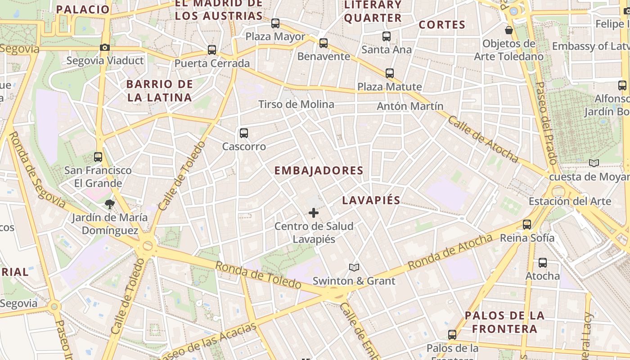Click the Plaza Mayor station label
click(x=275, y=36)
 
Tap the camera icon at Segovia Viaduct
click(x=104, y=47)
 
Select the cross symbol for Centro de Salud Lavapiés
click(x=314, y=213)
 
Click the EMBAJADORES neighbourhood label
click(x=319, y=171)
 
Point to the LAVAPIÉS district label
click(x=371, y=200)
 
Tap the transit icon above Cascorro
click(x=244, y=133)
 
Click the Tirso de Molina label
click(x=296, y=104)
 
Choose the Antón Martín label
click(x=410, y=106)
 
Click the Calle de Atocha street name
click(x=483, y=139)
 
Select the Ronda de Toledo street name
click(x=258, y=275)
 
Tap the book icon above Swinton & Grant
click(x=354, y=268)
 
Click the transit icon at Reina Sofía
click(x=527, y=225)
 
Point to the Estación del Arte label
click(x=570, y=201)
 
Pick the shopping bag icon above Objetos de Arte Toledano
click(x=509, y=30)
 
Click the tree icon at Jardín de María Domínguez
click(x=109, y=205)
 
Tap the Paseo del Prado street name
click(x=546, y=123)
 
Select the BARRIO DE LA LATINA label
click(x=160, y=90)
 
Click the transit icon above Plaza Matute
click(x=390, y=73)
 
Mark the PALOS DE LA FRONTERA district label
click(x=504, y=322)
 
